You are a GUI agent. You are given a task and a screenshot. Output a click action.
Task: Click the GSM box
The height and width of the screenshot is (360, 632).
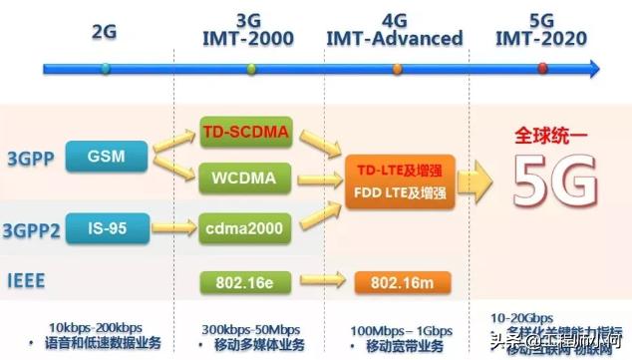click(106, 157)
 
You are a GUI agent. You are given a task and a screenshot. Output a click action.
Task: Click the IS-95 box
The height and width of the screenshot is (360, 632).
click(106, 227)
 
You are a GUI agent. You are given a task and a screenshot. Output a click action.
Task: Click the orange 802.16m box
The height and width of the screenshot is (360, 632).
click(390, 281)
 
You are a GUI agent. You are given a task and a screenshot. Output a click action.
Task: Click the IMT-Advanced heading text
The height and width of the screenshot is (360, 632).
click(395, 39)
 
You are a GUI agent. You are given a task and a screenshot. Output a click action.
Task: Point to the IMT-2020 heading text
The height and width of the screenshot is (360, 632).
click(541, 39)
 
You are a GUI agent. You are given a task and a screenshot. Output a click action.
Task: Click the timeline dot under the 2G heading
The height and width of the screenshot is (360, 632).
click(106, 69)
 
